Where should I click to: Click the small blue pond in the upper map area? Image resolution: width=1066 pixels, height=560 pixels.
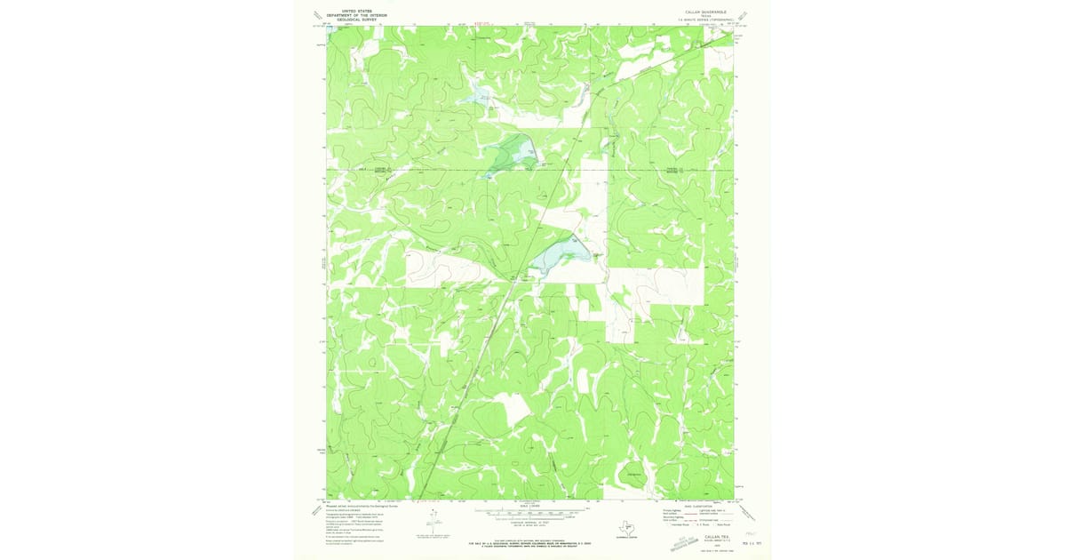click(x=481, y=92)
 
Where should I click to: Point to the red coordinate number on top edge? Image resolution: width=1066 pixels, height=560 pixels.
click(x=481, y=24)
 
